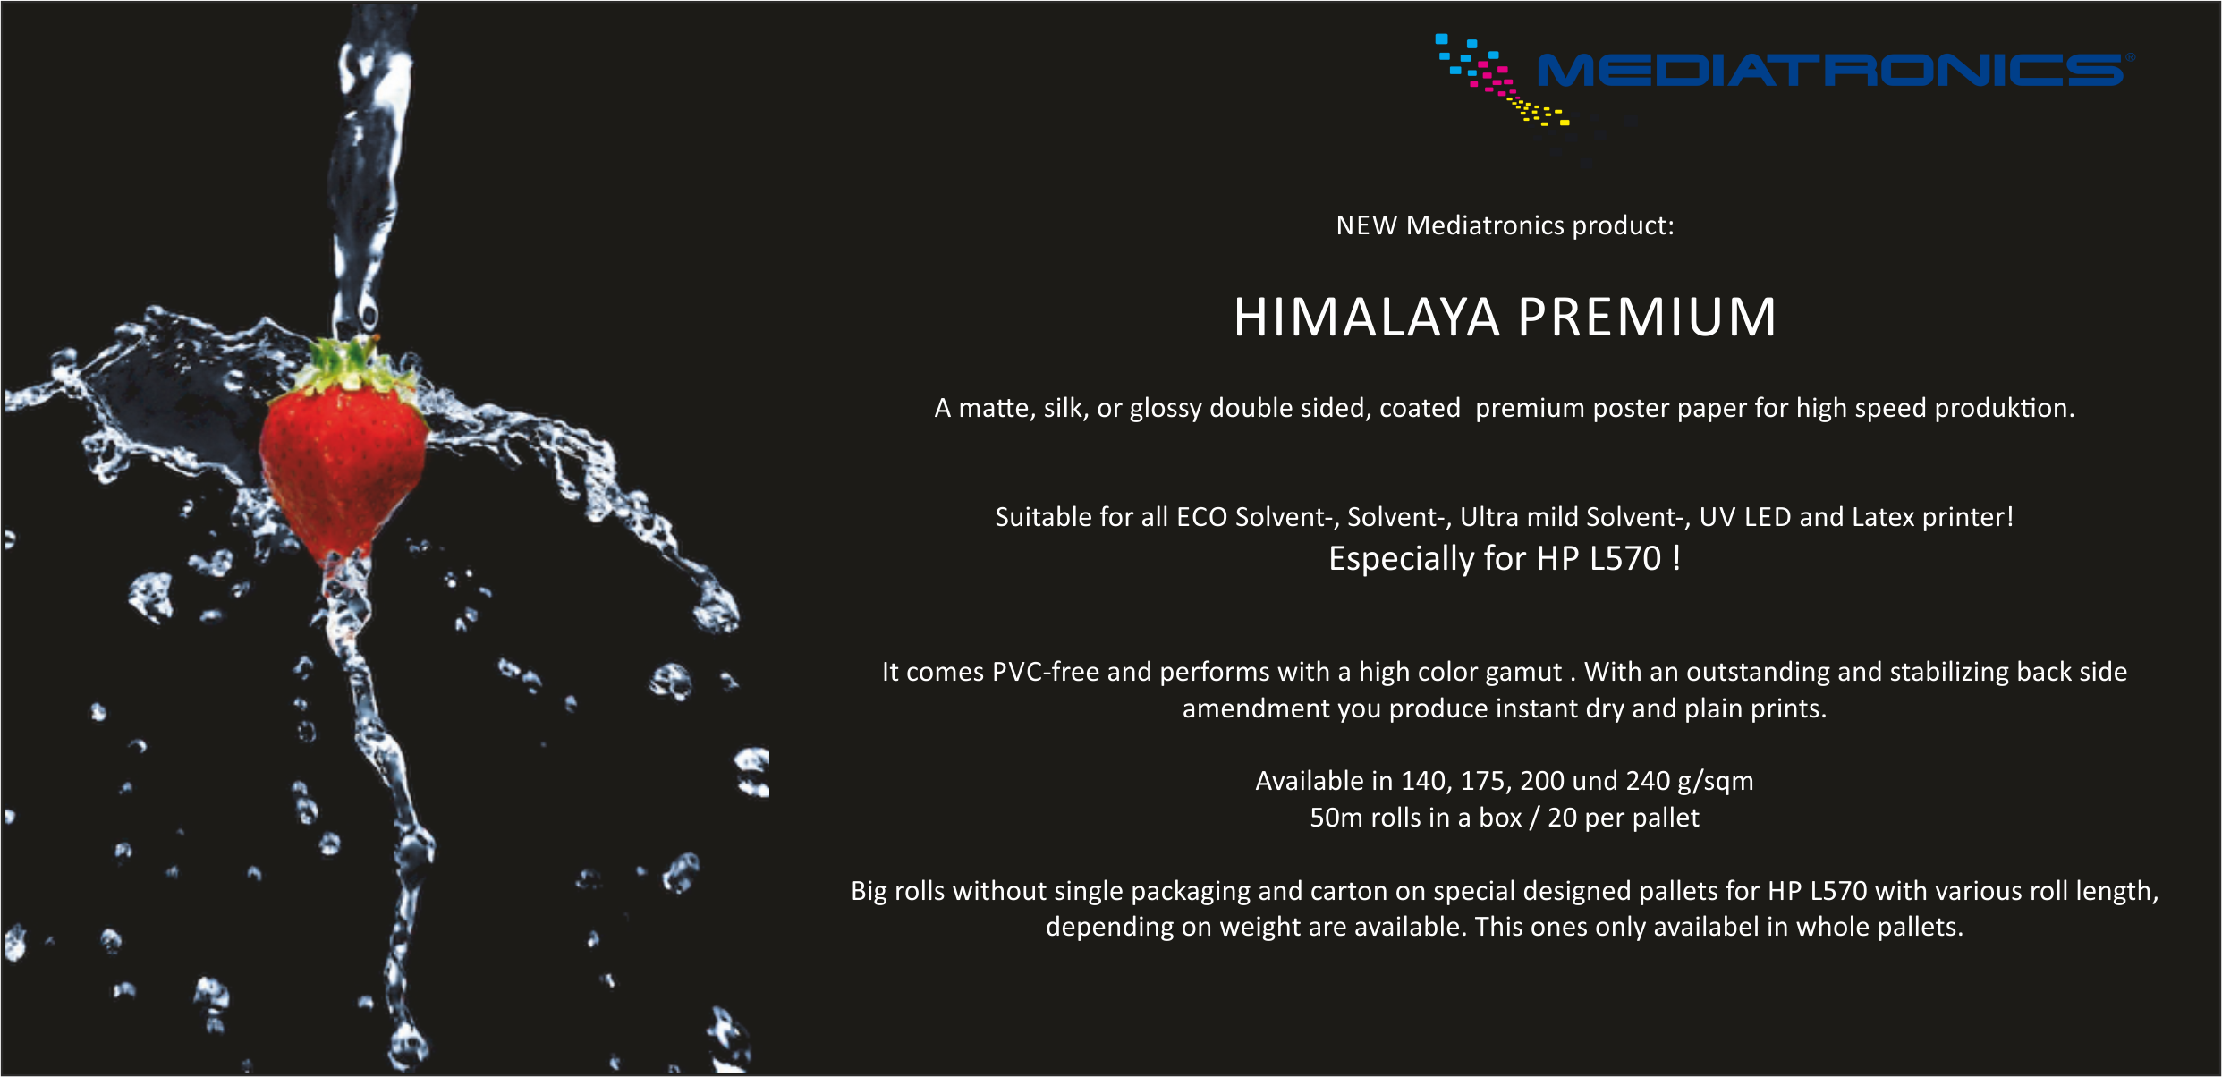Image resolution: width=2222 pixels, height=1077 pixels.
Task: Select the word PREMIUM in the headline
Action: tap(1647, 318)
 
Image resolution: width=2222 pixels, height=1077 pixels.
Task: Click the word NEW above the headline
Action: tap(1366, 225)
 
